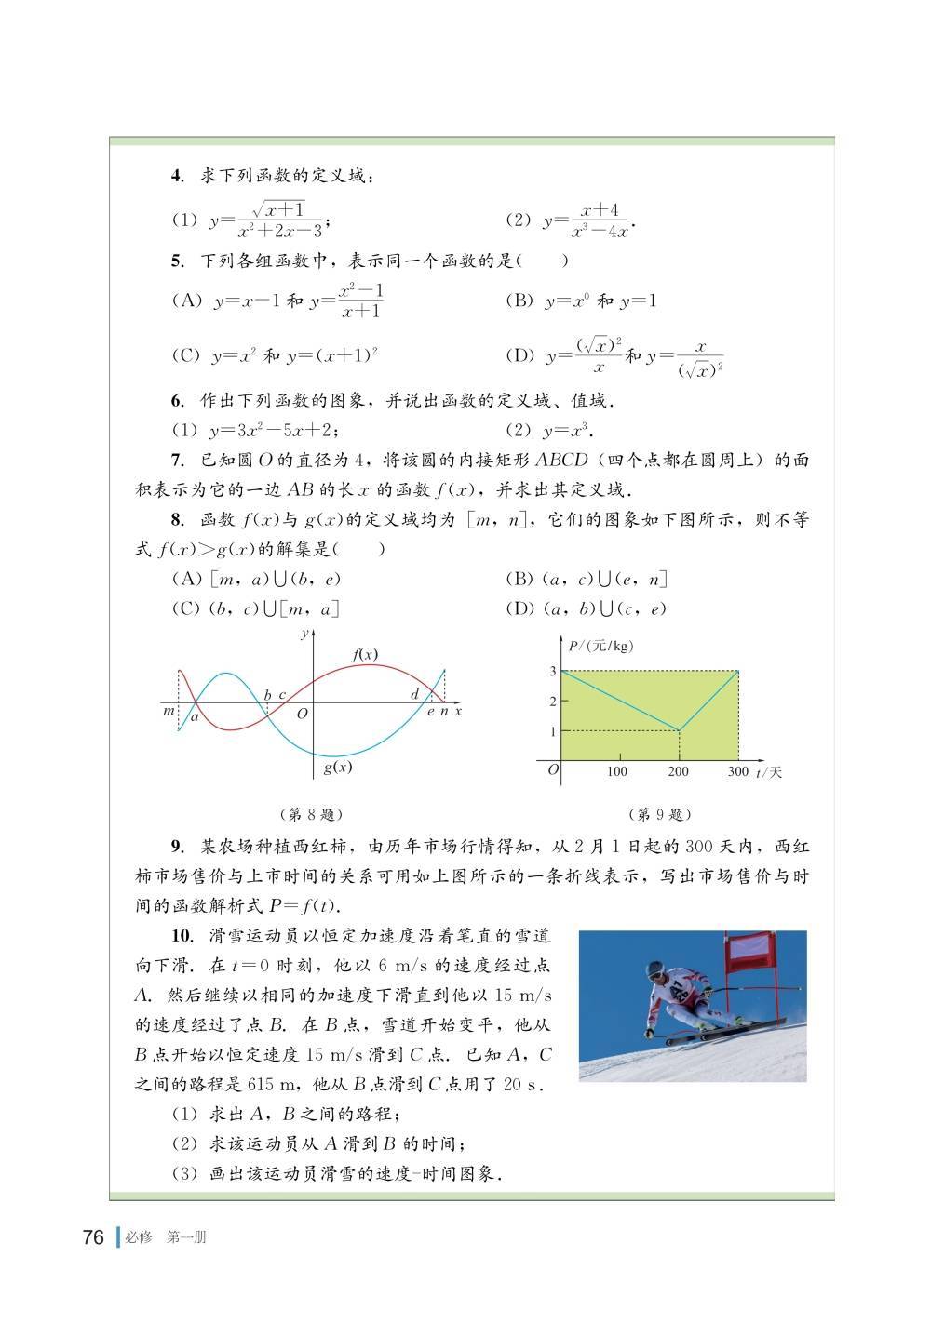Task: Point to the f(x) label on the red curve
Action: (364, 654)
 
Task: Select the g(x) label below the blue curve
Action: (337, 768)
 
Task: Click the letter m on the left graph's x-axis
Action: (169, 712)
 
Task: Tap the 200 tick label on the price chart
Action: (678, 771)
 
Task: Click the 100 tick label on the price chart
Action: (616, 771)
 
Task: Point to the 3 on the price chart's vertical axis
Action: (552, 671)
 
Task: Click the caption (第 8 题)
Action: (311, 814)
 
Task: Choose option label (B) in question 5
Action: (518, 301)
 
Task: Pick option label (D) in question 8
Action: (518, 609)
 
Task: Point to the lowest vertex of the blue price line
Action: (679, 730)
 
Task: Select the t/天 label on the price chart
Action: (769, 771)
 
